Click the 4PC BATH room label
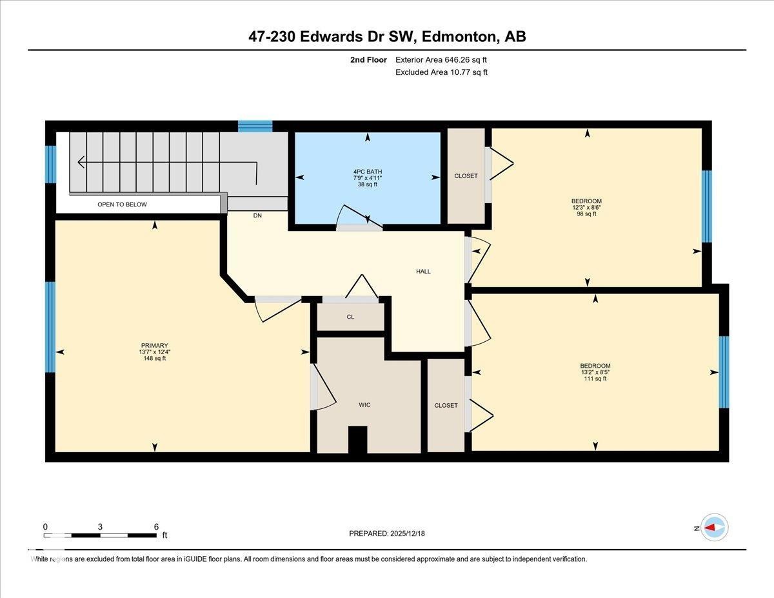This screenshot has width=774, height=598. coord(368,172)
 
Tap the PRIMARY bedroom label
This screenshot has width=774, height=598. coord(154,345)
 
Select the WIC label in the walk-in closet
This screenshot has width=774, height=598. coord(364,405)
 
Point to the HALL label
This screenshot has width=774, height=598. coord(423,272)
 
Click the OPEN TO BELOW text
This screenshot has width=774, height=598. coord(122,204)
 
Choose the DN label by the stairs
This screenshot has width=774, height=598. coord(257,216)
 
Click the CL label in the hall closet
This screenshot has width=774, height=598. coord(350,317)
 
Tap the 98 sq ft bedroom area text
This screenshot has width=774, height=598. coord(586,214)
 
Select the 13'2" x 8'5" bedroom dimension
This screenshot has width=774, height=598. coord(595,372)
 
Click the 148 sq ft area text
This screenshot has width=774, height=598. coord(154,359)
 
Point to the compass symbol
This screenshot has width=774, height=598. coord(713,527)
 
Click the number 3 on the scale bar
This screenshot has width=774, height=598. coord(100,526)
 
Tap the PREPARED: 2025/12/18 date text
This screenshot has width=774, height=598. coord(387,533)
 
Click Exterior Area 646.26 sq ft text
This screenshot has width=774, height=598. coord(441,60)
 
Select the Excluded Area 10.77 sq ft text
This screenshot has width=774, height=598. coord(441,72)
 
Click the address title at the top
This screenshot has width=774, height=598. coord(387,37)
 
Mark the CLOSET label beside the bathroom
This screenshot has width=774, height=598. coord(466,175)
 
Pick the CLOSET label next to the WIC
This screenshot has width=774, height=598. coord(446,405)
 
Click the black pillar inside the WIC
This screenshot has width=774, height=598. coord(357,440)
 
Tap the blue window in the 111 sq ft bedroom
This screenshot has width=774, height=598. coord(724,372)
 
